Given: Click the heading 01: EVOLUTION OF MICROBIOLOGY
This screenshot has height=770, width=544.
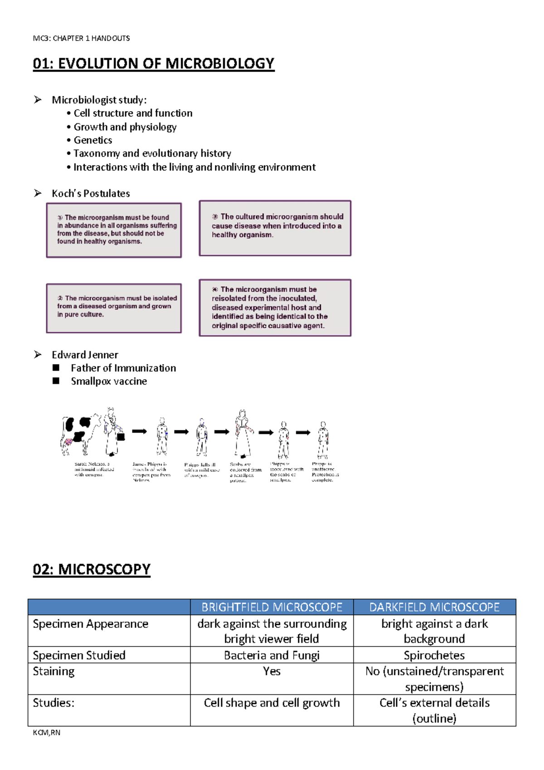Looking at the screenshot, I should (x=154, y=64).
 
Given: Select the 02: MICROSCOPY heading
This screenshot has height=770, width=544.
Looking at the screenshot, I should (x=92, y=569).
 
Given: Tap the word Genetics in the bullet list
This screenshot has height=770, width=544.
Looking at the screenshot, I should (x=93, y=140).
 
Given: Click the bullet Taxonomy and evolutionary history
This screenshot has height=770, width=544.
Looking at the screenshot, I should (x=152, y=153).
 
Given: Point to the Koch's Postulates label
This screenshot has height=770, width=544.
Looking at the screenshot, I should (x=91, y=193).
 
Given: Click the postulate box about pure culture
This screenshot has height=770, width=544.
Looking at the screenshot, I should (x=114, y=308).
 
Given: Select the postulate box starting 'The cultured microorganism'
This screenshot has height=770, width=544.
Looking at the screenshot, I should (x=275, y=228).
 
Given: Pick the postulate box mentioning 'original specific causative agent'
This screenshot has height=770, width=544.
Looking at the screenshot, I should (x=275, y=308).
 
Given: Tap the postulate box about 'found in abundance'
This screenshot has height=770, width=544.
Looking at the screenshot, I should (x=114, y=230).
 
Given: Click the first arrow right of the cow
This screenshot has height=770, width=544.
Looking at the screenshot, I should (x=139, y=431).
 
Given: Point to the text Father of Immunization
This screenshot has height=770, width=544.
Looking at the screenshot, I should (x=123, y=368).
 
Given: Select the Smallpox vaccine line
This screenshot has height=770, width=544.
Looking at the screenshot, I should (x=109, y=381).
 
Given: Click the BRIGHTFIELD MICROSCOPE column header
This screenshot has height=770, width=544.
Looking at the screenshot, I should (x=272, y=607).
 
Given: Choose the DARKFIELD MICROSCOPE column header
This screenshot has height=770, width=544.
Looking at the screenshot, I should (x=434, y=607).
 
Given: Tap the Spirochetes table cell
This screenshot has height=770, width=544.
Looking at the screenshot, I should (x=434, y=655).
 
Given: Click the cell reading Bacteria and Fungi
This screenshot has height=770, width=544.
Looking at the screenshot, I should (x=272, y=655).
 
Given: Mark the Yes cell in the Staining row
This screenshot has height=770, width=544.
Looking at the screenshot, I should (x=272, y=671).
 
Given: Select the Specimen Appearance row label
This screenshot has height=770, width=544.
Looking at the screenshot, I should (x=90, y=624).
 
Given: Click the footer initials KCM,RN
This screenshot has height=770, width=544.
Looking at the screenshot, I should (x=46, y=732).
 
